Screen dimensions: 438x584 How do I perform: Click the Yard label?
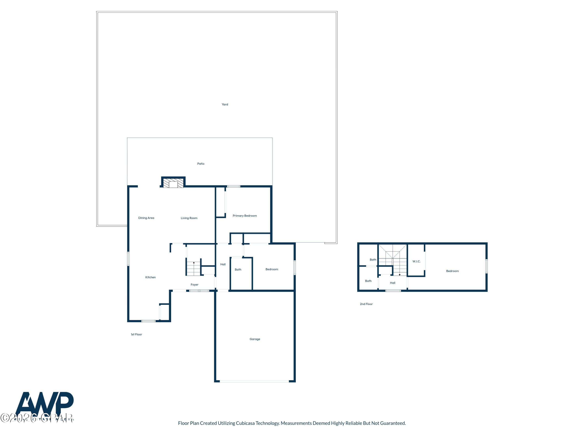(225, 104)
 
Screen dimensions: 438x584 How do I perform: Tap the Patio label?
(201, 164)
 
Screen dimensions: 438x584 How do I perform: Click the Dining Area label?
(146, 218)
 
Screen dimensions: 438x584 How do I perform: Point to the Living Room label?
(189, 218)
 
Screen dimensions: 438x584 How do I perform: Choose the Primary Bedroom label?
(245, 216)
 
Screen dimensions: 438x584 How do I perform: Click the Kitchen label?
(150, 277)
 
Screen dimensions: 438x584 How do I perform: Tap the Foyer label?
(194, 285)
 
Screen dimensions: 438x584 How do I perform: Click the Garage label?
(255, 339)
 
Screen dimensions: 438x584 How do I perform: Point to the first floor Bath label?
(238, 270)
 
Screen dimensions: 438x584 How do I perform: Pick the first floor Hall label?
(223, 264)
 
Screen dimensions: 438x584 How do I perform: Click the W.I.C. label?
(416, 261)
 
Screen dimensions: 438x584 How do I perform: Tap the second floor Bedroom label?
(452, 271)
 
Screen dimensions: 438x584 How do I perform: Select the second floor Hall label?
(393, 283)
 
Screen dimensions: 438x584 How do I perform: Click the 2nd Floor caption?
(366, 304)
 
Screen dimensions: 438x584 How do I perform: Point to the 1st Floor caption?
(136, 334)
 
